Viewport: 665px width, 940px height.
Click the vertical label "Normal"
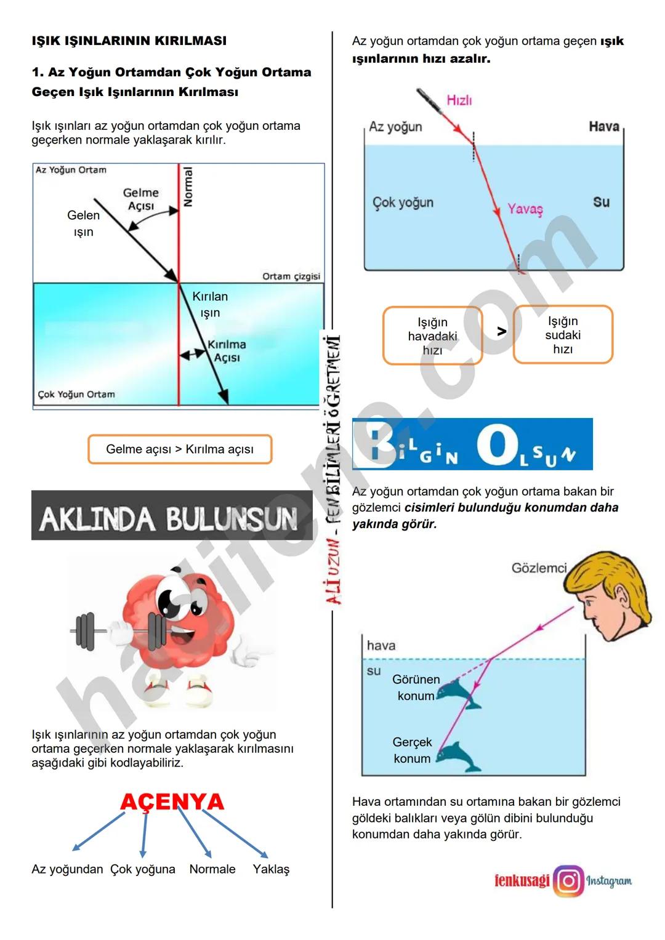[188, 187]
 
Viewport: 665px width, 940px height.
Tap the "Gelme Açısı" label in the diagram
[141, 199]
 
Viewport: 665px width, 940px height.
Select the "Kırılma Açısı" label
[227, 351]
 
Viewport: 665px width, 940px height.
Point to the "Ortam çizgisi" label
[291, 276]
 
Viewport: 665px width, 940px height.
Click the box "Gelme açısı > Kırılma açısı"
[180, 449]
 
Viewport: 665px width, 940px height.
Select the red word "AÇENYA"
[172, 801]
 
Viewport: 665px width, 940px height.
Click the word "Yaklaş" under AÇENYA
[271, 869]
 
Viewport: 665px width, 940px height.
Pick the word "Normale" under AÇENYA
[212, 869]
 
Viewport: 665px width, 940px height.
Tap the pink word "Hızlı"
[459, 100]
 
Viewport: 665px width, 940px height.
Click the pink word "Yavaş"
[525, 209]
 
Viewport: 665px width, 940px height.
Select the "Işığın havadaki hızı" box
[432, 336]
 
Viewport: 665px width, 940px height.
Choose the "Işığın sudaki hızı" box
[563, 335]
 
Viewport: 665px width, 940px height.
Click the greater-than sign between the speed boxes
[502, 332]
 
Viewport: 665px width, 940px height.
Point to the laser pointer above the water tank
[429, 102]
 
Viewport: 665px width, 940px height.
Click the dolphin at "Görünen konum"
[459, 694]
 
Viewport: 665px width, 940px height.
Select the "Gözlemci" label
[539, 568]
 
